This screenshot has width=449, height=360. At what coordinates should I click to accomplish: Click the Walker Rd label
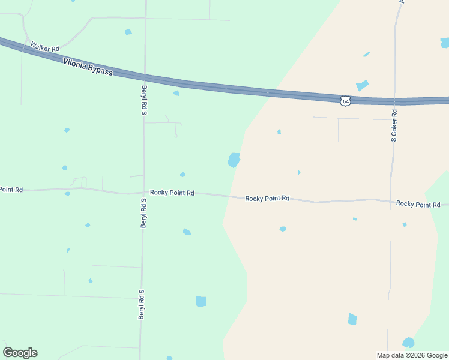pyautogui.click(x=45, y=47)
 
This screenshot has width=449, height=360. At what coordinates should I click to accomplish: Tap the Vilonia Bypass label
pyautogui.click(x=88, y=66)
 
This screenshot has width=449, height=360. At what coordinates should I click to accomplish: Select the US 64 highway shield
pyautogui.click(x=345, y=101)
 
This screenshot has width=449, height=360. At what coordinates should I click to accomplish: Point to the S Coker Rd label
pyautogui.click(x=394, y=125)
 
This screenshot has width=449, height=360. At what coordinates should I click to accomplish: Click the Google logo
pyautogui.click(x=20, y=353)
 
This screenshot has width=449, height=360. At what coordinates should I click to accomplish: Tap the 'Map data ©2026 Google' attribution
pyautogui.click(x=412, y=355)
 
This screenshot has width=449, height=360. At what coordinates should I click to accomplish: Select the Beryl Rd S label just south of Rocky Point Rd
pyautogui.click(x=143, y=213)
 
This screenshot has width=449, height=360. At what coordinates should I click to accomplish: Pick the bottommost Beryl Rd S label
pyautogui.click(x=142, y=304)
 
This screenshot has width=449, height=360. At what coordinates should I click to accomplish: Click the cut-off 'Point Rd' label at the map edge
pyautogui.click(x=11, y=190)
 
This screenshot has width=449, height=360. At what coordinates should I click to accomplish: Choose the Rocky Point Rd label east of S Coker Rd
pyautogui.click(x=418, y=204)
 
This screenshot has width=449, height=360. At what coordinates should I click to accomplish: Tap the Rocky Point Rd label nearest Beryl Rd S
pyautogui.click(x=172, y=193)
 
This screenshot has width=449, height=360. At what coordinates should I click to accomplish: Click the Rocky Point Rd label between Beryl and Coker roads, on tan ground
pyautogui.click(x=267, y=198)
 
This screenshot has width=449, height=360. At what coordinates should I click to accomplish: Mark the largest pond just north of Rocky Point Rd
pyautogui.click(x=234, y=160)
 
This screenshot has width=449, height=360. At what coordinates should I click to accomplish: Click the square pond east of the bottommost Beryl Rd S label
pyautogui.click(x=201, y=301)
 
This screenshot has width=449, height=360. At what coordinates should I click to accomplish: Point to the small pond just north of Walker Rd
pyautogui.click(x=128, y=32)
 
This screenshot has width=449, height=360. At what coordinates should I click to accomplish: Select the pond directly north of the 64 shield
pyautogui.click(x=362, y=85)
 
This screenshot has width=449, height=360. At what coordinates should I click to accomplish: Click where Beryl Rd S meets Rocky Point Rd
pyautogui.click(x=143, y=193)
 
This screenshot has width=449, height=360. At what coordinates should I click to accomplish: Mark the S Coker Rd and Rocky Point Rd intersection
pyautogui.click(x=391, y=200)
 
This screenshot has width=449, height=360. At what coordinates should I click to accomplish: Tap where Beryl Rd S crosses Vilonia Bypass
pyautogui.click(x=145, y=77)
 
